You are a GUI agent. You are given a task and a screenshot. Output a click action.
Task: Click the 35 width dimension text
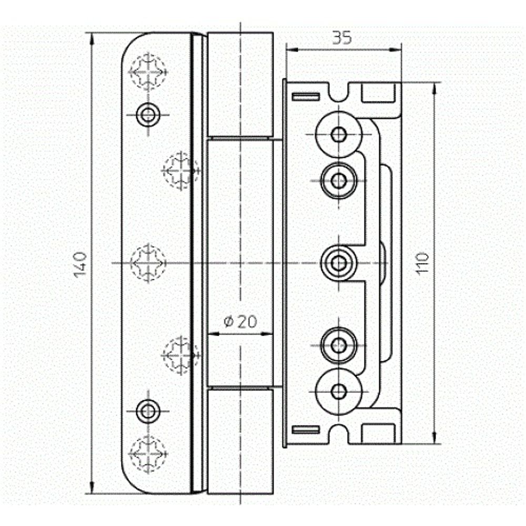(342, 38)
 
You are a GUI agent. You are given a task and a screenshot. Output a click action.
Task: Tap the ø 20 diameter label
(240, 322)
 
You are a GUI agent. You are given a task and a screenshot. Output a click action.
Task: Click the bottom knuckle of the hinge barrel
(240, 441)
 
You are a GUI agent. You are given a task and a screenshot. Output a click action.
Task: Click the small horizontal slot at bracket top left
(306, 96)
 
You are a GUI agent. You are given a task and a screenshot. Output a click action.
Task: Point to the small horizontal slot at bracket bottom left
(306, 429)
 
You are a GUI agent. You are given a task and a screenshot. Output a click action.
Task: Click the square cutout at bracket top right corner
(378, 93)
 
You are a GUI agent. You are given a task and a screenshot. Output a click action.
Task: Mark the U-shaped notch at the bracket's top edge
(339, 93)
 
